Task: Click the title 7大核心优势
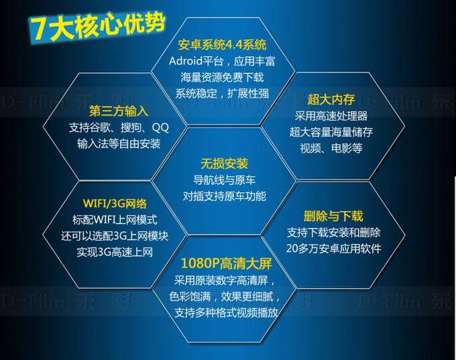(97, 27)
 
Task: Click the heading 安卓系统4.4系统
(222, 45)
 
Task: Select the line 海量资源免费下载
(222, 77)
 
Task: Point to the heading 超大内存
(331, 99)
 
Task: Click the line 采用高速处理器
(331, 116)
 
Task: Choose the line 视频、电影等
(331, 148)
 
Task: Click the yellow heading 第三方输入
(119, 111)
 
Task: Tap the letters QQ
(160, 127)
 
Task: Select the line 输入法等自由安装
(119, 143)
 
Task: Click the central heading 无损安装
(224, 164)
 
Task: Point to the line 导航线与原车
(224, 180)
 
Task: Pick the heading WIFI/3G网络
(115, 204)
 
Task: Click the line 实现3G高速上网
(115, 252)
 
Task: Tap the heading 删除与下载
(333, 216)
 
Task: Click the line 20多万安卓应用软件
(333, 249)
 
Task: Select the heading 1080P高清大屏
(226, 263)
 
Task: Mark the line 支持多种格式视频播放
(226, 313)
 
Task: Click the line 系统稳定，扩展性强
(222, 94)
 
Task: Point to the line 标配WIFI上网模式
(115, 220)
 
